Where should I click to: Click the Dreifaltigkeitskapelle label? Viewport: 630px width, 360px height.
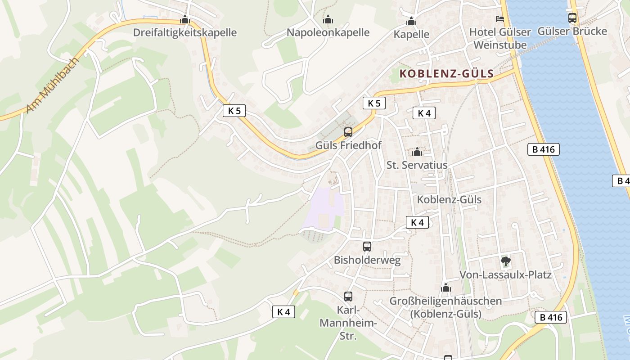point(184,32)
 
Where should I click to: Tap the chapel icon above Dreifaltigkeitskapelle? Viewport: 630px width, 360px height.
point(185,20)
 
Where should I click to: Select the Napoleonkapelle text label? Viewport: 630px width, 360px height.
point(328,32)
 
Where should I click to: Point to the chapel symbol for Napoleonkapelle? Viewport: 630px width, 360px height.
point(328,19)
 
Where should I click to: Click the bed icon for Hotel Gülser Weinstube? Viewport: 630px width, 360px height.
point(500,18)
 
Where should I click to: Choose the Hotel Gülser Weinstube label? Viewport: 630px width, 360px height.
point(500,38)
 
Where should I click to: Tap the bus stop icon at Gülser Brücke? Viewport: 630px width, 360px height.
point(572,18)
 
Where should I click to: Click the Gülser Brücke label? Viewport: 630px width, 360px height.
point(572,31)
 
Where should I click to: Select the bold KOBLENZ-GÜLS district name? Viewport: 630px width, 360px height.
point(446,73)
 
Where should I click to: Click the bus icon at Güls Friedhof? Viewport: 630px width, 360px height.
point(348,132)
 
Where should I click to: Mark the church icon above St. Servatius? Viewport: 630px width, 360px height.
point(417,152)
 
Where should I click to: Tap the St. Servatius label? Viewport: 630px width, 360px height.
point(417,165)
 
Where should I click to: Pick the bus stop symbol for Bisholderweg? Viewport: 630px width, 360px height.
point(367,247)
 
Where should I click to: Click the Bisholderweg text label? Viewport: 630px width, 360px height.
point(367,260)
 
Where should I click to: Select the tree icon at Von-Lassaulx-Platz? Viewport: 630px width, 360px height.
point(506,261)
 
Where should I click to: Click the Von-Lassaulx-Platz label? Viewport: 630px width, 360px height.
point(505,274)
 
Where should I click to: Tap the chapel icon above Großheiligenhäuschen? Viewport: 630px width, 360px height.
point(446,288)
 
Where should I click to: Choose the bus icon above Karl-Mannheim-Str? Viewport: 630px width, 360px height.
point(348,297)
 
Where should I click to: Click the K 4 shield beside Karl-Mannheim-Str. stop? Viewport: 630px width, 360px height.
point(284,312)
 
